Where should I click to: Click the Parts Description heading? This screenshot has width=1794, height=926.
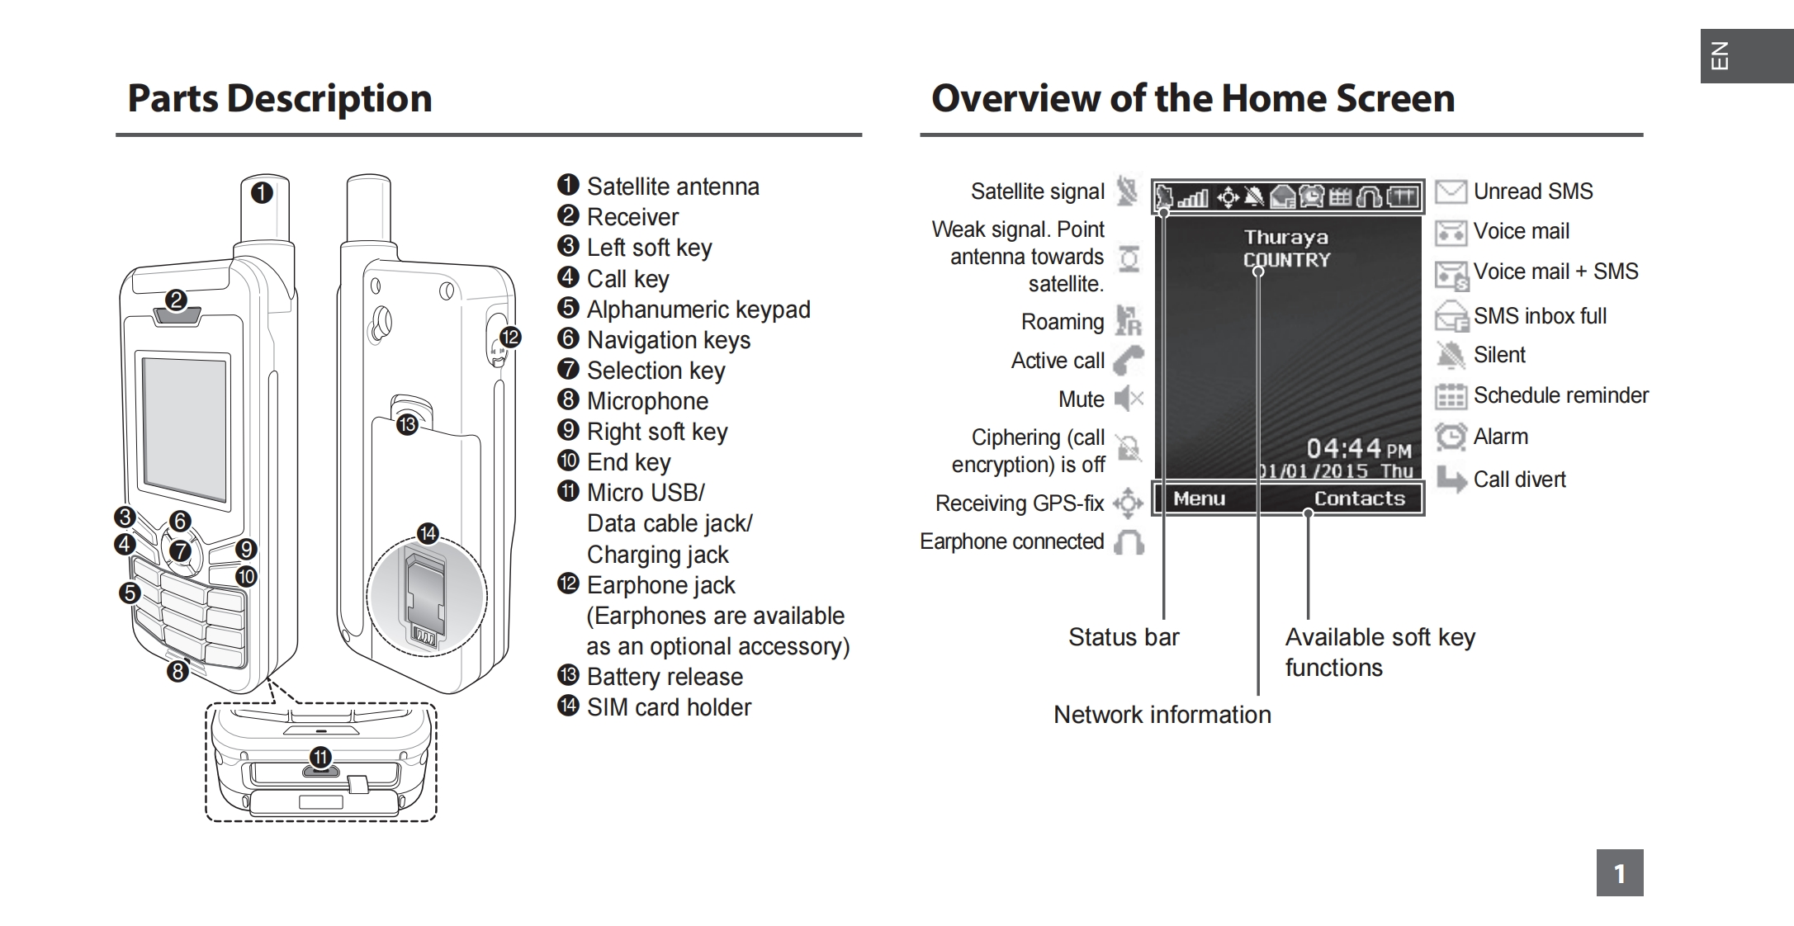click(280, 98)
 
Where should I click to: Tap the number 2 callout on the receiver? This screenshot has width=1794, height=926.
click(175, 300)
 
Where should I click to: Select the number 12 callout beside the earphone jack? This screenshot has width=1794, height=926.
click(510, 337)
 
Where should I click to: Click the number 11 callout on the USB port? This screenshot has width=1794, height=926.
click(320, 757)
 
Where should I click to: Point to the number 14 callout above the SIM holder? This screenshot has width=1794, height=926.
click(428, 533)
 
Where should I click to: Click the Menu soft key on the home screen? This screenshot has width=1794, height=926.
click(1199, 498)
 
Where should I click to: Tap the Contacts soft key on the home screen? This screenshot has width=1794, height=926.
click(1359, 498)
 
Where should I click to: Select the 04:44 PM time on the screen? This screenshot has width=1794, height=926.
click(1359, 449)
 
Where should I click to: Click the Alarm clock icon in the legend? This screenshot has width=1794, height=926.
click(1451, 437)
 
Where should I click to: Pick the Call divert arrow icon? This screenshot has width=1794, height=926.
click(1451, 479)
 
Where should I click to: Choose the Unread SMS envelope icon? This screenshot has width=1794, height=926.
click(1451, 191)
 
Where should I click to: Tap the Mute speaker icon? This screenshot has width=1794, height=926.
click(1129, 399)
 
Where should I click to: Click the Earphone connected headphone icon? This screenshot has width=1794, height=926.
click(1129, 542)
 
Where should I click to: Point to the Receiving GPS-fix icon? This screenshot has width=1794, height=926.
click(1128, 503)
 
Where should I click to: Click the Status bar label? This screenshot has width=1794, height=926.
click(1124, 637)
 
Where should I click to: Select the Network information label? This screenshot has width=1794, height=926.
click(1162, 715)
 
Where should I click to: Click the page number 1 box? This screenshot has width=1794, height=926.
click(1620, 872)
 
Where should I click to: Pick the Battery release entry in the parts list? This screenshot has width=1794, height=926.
click(665, 677)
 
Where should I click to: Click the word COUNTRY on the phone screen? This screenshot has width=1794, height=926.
click(1286, 260)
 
